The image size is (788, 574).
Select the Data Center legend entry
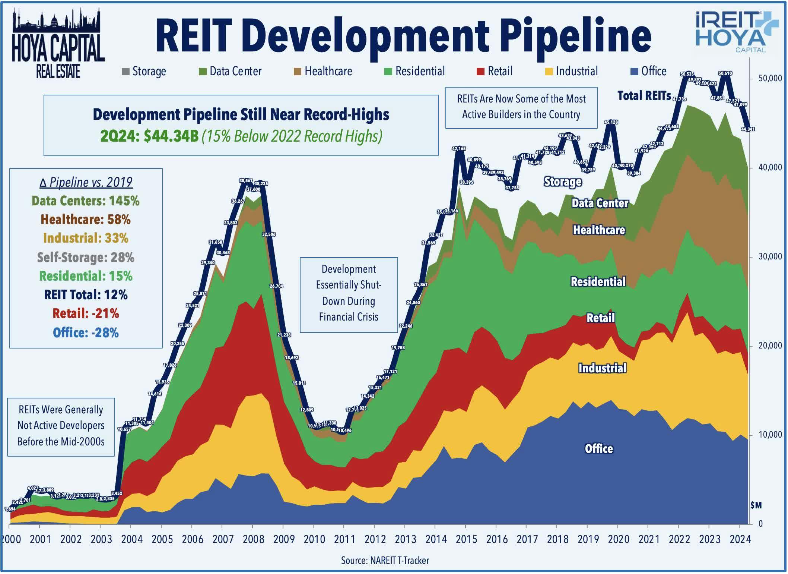231,71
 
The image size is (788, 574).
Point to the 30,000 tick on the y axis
770,257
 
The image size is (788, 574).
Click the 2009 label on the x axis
284,539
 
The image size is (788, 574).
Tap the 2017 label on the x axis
527,539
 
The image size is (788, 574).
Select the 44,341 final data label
748,129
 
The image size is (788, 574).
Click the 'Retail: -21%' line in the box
86,313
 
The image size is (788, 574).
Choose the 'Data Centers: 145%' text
85,201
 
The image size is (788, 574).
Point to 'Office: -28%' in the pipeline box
86,332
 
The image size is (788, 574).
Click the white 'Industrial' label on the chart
602,368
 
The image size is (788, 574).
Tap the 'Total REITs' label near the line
644,96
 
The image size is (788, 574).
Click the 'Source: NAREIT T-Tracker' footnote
385,560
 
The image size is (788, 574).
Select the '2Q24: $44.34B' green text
149,136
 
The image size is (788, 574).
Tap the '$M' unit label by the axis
756,505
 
